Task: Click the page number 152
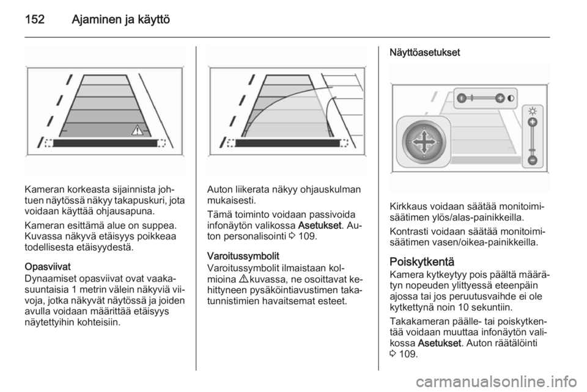coord(35,19)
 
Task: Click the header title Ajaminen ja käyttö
coord(120,20)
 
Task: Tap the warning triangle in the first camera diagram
coord(137,131)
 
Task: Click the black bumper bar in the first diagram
coord(105,143)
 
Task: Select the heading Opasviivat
coord(48,267)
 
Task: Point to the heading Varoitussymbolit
coord(243,256)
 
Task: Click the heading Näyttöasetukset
coord(424,53)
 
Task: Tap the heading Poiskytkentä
coord(421,261)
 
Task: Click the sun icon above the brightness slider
coord(533,111)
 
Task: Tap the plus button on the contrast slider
coord(500,98)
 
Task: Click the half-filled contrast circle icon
coord(511,98)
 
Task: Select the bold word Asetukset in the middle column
coord(320,226)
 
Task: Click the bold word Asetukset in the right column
coord(439,343)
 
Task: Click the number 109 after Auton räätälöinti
coord(408,354)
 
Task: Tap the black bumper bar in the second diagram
coord(287,143)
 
